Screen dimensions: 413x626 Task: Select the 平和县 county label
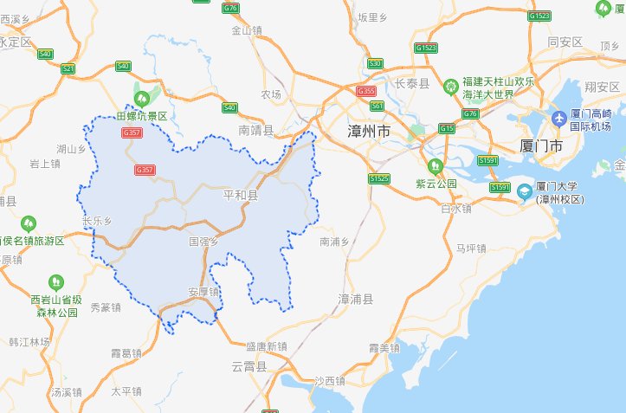tap(241, 197)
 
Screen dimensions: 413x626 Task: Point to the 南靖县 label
tap(255, 131)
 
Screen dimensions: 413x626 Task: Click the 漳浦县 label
tap(355, 299)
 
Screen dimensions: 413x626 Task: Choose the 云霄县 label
tap(249, 368)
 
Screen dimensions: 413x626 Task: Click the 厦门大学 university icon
tap(523, 192)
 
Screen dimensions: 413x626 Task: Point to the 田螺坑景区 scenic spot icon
tap(141, 98)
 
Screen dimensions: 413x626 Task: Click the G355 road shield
tap(366, 91)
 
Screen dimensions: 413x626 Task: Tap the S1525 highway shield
tap(379, 179)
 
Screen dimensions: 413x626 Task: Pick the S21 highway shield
tap(68, 68)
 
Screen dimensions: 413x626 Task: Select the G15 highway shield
tap(447, 128)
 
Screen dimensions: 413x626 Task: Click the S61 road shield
tap(377, 106)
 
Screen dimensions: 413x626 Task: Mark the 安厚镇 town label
tap(203, 292)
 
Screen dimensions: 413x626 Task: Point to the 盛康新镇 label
tap(266, 346)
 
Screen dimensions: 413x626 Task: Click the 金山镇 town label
tap(247, 29)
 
